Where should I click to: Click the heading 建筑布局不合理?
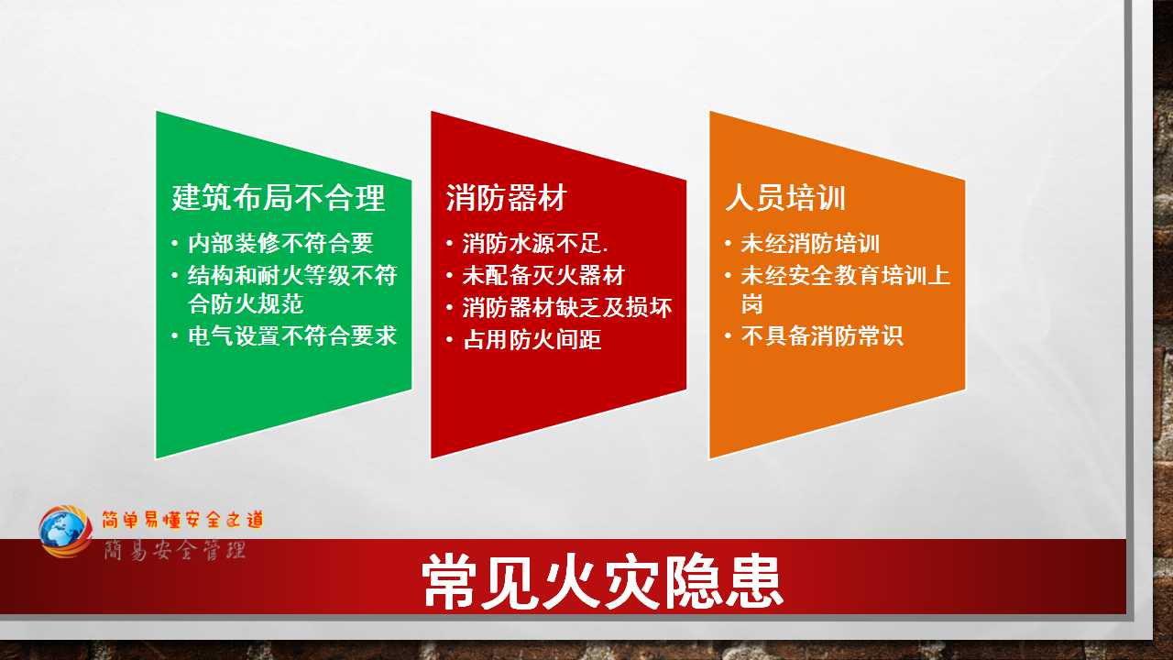(x=279, y=198)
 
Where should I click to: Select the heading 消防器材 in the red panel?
(x=507, y=198)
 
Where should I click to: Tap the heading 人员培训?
(x=785, y=198)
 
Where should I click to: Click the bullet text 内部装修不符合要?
(x=280, y=244)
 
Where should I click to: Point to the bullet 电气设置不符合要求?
(x=292, y=335)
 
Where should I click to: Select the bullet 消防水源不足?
(x=535, y=244)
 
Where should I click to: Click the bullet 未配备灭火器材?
(x=543, y=276)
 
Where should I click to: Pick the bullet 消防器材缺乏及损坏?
(x=566, y=307)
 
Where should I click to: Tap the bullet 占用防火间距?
(x=532, y=339)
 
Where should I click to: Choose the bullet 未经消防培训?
(x=810, y=244)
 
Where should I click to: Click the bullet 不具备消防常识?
(x=822, y=335)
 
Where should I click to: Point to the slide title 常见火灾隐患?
(x=602, y=582)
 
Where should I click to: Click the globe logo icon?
(x=65, y=531)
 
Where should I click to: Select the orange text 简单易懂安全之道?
(x=182, y=520)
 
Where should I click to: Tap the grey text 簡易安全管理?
(x=174, y=550)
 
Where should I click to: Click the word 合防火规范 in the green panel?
(x=246, y=303)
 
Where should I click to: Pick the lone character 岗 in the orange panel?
(x=752, y=303)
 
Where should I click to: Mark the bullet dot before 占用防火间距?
(x=449, y=340)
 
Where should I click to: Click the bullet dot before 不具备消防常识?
(x=728, y=335)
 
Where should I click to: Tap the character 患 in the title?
(x=754, y=582)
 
